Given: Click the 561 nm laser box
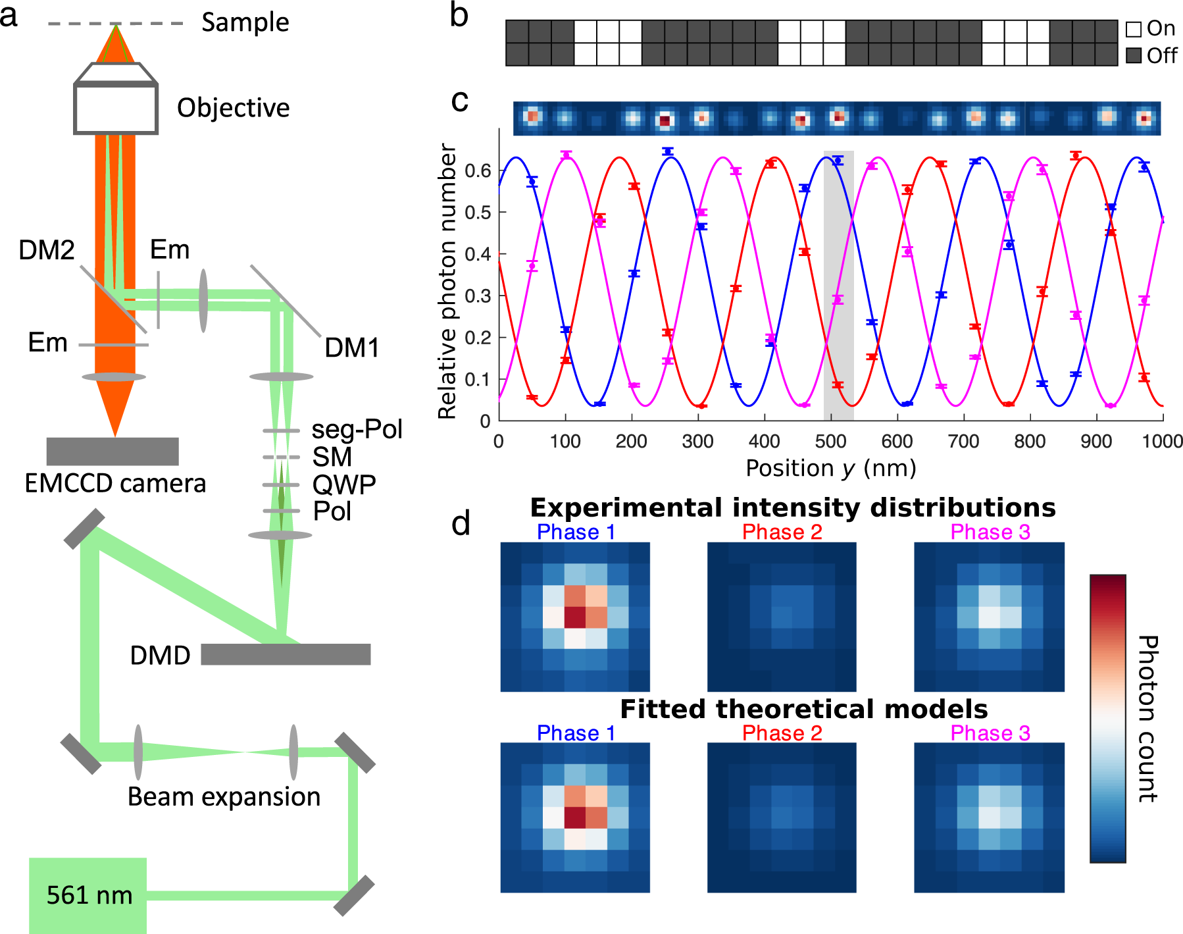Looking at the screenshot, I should click(88, 895).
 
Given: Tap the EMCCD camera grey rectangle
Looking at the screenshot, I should click(113, 451).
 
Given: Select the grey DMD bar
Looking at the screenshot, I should click(286, 654).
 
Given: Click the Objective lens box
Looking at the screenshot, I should click(116, 109).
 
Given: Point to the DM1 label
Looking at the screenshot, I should click(352, 348).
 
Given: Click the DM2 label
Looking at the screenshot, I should click(46, 250).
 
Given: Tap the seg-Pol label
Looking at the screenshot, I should click(357, 429).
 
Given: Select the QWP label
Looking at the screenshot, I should click(344, 484).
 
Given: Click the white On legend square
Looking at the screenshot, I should click(1133, 30).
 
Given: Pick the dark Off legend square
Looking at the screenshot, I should click(1133, 55).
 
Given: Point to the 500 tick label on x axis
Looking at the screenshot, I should click(830, 441).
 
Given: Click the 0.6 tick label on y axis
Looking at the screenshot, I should click(478, 171).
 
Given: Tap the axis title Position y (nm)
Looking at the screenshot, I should click(830, 468).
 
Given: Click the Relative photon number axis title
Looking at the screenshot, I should click(447, 281).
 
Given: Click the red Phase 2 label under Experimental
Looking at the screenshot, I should click(782, 532).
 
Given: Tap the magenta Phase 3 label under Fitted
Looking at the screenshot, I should click(990, 733).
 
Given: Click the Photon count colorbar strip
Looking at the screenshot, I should click(1107, 718).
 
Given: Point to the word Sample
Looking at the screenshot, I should click(245, 22).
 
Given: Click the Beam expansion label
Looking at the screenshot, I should click(224, 796).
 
